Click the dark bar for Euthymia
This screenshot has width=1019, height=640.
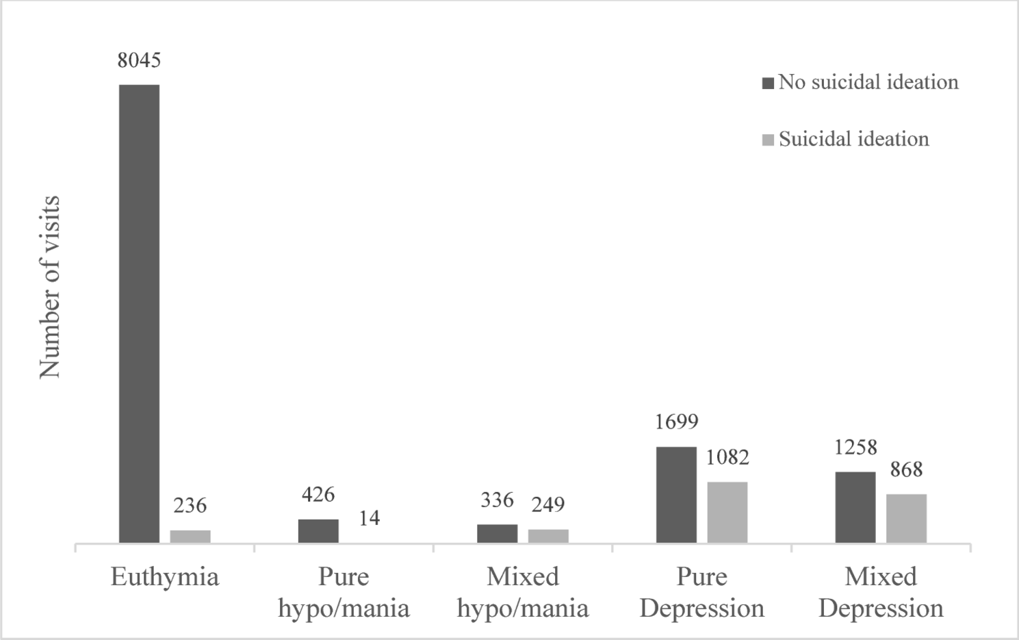(x=139, y=313)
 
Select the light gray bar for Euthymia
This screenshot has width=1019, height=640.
(x=190, y=536)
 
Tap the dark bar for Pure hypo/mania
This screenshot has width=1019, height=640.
(x=318, y=530)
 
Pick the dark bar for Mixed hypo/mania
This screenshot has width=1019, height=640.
(x=498, y=533)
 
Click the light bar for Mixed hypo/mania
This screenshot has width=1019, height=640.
(x=548, y=536)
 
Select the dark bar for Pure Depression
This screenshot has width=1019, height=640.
(x=676, y=494)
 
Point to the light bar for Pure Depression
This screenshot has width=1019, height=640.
(x=727, y=512)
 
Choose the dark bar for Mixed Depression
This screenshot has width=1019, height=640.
(x=855, y=507)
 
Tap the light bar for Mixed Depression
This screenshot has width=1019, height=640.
(x=906, y=518)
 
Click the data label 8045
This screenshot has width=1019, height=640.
(x=139, y=60)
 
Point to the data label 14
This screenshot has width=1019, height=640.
(x=369, y=518)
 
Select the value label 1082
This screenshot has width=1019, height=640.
(x=727, y=457)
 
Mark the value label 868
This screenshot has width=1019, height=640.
(x=906, y=470)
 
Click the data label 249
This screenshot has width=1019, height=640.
(x=548, y=504)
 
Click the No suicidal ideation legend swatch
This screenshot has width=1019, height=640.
(x=768, y=83)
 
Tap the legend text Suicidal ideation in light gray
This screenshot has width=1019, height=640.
(x=853, y=139)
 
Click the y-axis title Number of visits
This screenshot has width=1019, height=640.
(x=50, y=287)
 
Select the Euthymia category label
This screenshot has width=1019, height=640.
(x=165, y=577)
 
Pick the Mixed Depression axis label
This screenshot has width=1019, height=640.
(x=881, y=592)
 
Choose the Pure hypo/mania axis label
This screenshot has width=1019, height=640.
(x=344, y=592)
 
